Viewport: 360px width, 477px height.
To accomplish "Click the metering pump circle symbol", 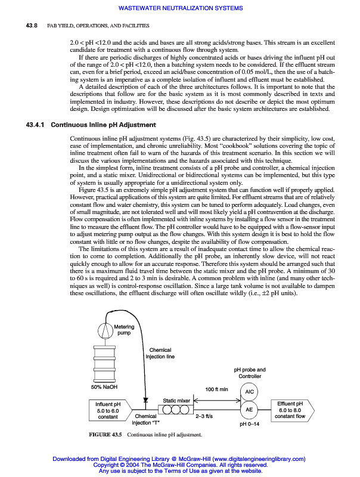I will pos(105,328).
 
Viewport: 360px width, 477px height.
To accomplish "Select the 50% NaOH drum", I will pos(105,363).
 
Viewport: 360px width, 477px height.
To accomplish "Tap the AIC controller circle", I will pos(250,392).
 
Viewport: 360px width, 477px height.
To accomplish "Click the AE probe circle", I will pos(250,410).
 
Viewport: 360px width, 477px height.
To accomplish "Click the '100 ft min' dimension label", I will pos(217,389).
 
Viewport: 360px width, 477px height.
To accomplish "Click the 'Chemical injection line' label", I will pos(160,354).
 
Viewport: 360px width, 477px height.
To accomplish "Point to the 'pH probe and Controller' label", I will pos(250,373).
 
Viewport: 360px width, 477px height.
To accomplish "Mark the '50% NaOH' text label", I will pos(104,386).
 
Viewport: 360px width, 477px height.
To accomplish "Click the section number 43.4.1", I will pos(35,125).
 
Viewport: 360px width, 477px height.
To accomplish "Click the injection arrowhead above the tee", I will pos(145,401).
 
